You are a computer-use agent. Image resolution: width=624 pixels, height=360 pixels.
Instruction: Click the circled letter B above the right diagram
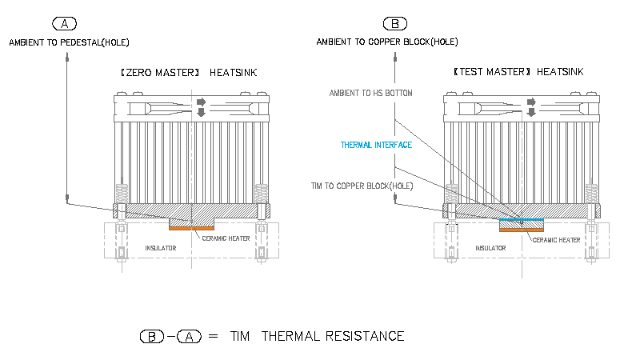395,23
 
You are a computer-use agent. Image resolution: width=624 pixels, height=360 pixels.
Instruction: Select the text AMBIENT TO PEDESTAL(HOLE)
68,42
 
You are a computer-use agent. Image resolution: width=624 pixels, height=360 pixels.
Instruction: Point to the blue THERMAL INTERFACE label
376,145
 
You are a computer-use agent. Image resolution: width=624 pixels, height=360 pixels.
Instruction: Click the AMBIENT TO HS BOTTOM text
371,94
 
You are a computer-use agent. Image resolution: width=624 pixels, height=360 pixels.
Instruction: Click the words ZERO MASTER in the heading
159,72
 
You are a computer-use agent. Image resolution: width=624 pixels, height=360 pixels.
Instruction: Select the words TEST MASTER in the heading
492,72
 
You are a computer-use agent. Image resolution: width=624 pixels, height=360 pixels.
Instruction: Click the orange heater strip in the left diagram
192,229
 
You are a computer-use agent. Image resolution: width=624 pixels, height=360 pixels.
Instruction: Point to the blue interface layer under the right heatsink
521,218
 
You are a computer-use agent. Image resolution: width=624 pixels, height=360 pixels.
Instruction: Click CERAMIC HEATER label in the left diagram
226,238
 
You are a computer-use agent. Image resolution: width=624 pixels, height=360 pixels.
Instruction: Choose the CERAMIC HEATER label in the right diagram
556,239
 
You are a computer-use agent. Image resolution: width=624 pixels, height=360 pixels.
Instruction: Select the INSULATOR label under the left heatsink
160,248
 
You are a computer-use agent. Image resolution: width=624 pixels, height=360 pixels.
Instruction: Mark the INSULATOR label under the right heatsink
490,248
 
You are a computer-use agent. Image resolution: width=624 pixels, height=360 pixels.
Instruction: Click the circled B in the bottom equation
151,336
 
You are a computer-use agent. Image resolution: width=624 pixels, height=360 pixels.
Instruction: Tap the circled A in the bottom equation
189,336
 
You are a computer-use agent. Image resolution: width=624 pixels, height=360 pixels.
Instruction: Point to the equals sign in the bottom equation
212,336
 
